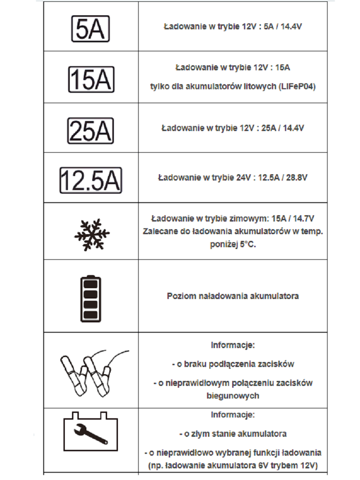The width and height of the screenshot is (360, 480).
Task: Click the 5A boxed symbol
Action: pos(91,29)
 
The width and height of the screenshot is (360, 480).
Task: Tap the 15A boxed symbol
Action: pos(91,80)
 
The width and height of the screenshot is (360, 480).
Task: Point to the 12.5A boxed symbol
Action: pos(91,180)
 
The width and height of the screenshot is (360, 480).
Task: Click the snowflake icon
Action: pos(91,235)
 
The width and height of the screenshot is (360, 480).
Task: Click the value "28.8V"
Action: pos(297,177)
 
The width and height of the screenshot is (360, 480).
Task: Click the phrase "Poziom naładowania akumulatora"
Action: pos(233,296)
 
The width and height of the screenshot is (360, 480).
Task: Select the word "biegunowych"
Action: pos(233,396)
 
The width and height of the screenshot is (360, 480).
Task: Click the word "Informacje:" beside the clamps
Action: pos(233,346)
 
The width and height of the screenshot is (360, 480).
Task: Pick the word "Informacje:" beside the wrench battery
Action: pos(233,414)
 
